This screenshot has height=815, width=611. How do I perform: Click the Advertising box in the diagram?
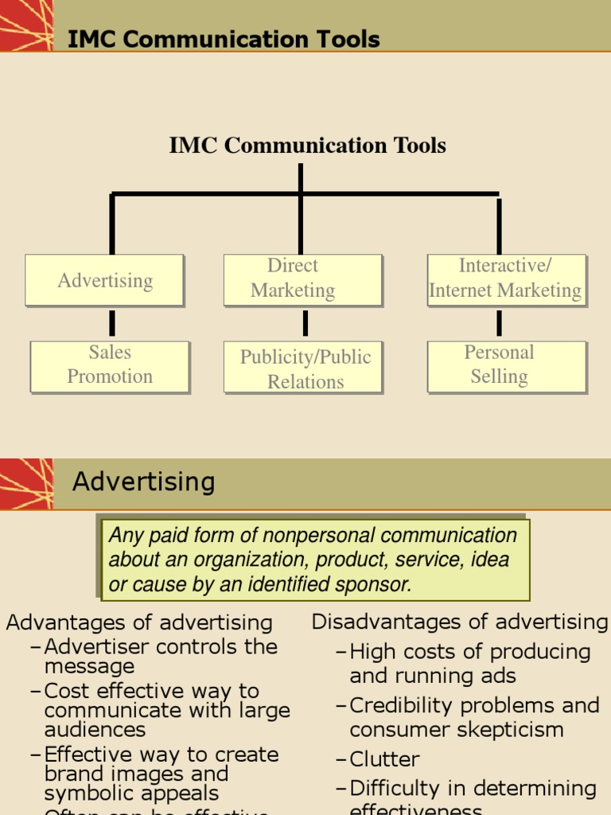pos(105,280)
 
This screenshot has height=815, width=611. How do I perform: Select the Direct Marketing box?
pos(302,279)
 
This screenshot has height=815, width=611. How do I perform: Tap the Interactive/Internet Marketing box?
pos(506,279)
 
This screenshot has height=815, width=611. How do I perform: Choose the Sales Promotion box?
pos(110,366)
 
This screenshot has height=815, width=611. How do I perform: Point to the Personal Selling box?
pos(507,366)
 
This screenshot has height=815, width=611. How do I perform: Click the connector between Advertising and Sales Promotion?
pos(112,323)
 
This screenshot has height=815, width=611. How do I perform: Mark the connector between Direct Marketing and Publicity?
pos(305,323)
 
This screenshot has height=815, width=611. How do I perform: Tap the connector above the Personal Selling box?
pos(500,323)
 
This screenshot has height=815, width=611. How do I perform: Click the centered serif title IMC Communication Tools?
pos(307,146)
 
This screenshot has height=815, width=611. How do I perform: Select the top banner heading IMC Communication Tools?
pos(224,39)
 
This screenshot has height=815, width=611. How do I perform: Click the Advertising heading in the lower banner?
pos(144,482)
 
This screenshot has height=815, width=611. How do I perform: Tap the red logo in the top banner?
pos(26,25)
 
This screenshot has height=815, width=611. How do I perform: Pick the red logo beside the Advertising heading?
pos(26,483)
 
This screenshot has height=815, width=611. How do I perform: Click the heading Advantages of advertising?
pos(139,622)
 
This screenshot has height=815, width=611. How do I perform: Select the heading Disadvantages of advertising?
pos(459,622)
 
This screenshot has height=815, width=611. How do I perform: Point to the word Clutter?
pos(384,759)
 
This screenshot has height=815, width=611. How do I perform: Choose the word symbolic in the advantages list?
pos(85,794)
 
